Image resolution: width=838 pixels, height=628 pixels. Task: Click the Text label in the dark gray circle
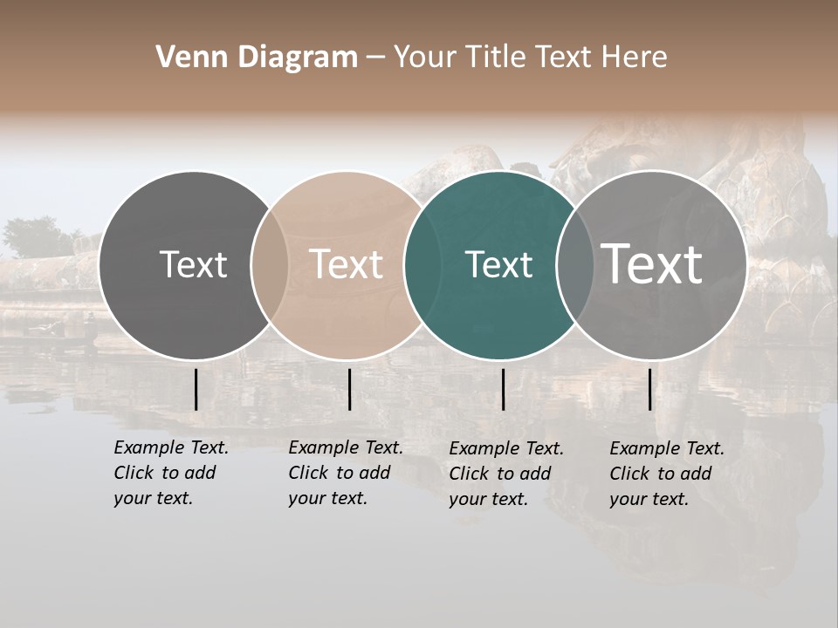pyautogui.click(x=193, y=265)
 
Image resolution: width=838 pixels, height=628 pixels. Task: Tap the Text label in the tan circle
pyautogui.click(x=346, y=265)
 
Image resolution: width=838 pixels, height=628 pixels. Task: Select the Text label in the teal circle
pyautogui.click(x=498, y=265)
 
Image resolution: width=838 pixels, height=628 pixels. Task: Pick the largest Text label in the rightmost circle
pyautogui.click(x=652, y=264)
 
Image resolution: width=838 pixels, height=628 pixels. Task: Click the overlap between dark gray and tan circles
pyautogui.click(x=270, y=265)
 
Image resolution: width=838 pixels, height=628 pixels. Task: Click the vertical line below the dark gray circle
pyautogui.click(x=196, y=389)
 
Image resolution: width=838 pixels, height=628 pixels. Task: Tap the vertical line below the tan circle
pyautogui.click(x=349, y=389)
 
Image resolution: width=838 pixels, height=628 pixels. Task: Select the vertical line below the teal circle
pyautogui.click(x=503, y=389)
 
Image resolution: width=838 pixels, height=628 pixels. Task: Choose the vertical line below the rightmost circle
pyautogui.click(x=649, y=389)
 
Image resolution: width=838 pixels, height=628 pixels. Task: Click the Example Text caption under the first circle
pyautogui.click(x=170, y=473)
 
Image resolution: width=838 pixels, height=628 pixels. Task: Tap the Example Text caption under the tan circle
pyautogui.click(x=345, y=473)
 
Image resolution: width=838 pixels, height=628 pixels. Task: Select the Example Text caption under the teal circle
pyautogui.click(x=505, y=474)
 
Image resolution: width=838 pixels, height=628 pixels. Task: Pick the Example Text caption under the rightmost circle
pyautogui.click(x=666, y=474)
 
